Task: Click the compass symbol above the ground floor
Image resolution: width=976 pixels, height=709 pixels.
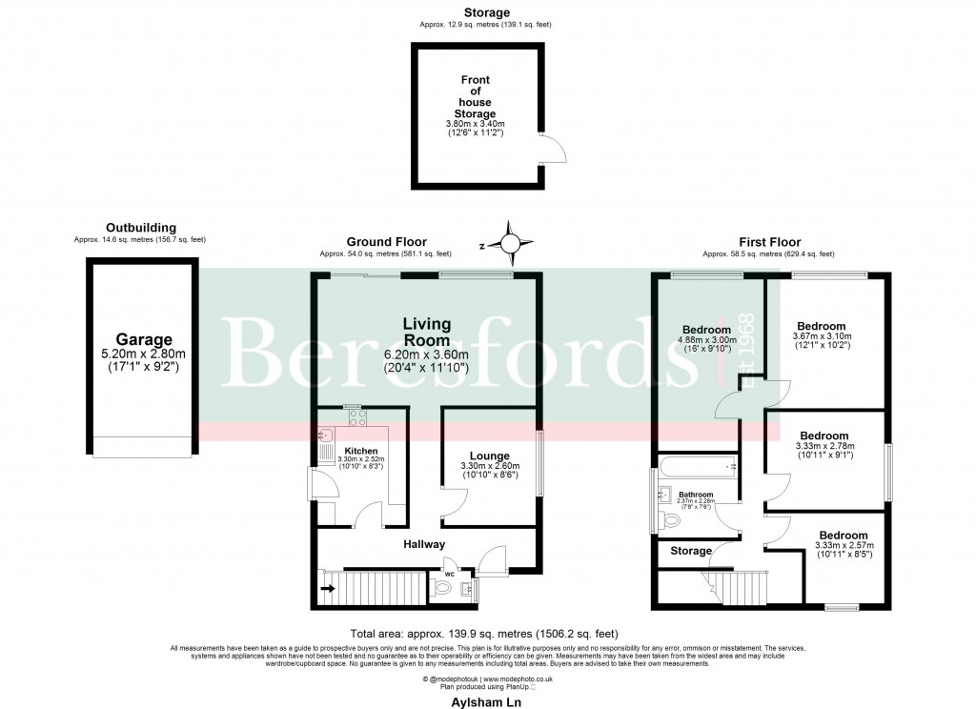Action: (511, 244)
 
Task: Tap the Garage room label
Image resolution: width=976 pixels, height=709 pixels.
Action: (144, 339)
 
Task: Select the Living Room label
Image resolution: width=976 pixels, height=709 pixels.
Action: (426, 333)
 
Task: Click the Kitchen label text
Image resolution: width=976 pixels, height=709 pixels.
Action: (361, 451)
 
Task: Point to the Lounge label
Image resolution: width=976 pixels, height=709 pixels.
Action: (489, 456)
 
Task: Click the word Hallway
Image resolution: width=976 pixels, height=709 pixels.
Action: (423, 544)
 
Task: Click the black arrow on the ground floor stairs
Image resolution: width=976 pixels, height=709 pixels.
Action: (328, 589)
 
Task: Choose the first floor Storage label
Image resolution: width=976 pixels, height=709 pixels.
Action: (691, 551)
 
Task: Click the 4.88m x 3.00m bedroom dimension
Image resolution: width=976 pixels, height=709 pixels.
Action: (706, 339)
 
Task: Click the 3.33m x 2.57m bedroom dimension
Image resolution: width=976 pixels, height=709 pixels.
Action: (844, 545)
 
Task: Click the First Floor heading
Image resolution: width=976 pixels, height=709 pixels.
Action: (769, 242)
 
